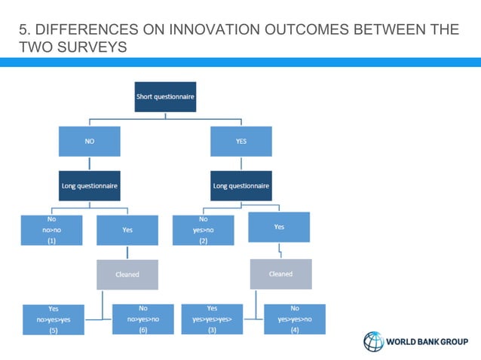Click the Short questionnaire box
point(165,97)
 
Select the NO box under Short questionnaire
point(89,141)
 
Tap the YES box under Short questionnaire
point(240,141)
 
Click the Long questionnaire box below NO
point(90,185)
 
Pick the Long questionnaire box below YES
point(241,185)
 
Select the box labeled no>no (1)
point(52,230)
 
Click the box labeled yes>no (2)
point(204,230)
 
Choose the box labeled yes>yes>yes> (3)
point(212,319)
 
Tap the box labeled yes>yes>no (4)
point(295,319)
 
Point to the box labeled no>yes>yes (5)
point(54,319)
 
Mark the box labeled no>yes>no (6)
point(142,319)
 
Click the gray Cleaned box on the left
point(127,274)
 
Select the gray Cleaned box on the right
point(280,274)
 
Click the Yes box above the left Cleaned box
point(127,230)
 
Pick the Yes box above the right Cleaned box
point(279,227)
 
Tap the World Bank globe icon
point(374,341)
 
